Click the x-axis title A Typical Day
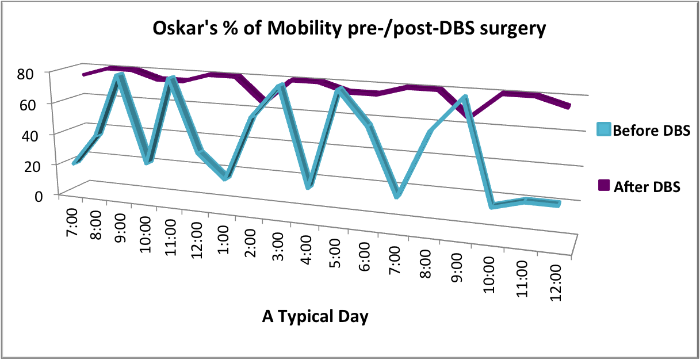coord(315,316)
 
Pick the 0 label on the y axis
coord(37,196)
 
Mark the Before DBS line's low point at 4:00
coord(309,185)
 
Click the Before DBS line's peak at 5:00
coord(340,90)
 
